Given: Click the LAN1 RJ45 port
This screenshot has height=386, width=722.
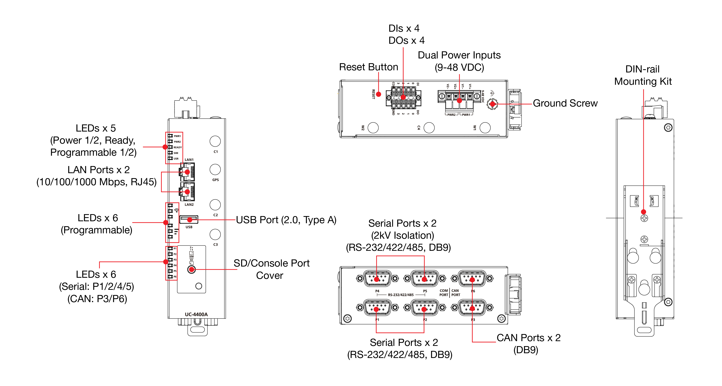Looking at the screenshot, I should coord(187,172).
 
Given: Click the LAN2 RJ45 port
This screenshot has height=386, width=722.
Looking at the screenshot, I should coord(187,192).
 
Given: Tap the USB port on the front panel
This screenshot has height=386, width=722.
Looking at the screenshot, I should coord(189,220).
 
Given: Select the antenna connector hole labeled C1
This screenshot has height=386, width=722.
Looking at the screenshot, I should coord(215,141).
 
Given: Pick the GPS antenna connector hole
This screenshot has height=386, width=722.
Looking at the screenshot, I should coord(215,169).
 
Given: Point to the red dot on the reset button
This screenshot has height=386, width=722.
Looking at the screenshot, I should coord(378,94).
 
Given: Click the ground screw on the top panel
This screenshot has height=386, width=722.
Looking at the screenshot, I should coord(492,104).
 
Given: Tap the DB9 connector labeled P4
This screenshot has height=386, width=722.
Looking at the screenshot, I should coord(377,278).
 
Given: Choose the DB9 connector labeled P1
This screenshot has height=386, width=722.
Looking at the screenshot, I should coord(377,308).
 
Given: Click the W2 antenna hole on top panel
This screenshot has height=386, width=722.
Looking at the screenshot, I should coord(373,128).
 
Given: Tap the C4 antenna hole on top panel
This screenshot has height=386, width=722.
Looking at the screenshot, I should coord(429,128).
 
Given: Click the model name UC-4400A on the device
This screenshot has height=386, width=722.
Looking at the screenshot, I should coord(196,314).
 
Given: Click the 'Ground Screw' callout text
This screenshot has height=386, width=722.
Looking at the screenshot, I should coord(565,103).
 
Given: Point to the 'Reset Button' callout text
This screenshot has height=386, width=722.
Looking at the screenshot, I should coord(369,67).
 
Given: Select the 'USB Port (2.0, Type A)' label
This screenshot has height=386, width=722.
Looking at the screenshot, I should coord(286,220).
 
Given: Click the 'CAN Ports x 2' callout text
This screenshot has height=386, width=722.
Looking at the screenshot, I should coord(528,338).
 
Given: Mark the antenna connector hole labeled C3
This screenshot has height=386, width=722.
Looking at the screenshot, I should coord(215,234).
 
